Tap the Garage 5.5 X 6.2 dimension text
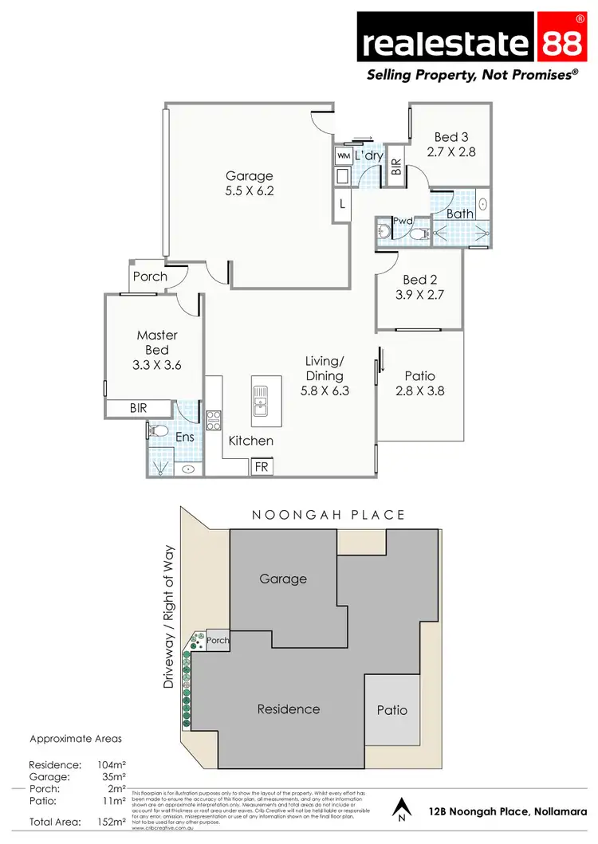[249, 191]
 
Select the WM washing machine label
[344, 155]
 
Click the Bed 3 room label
[450, 137]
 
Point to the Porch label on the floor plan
[150, 277]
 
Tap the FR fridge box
[261, 467]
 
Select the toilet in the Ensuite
[157, 431]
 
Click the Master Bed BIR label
[139, 408]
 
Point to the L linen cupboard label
[342, 204]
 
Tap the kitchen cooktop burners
[213, 419]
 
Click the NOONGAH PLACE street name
[329, 515]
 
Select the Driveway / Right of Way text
[169, 618]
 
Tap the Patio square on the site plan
[391, 709]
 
